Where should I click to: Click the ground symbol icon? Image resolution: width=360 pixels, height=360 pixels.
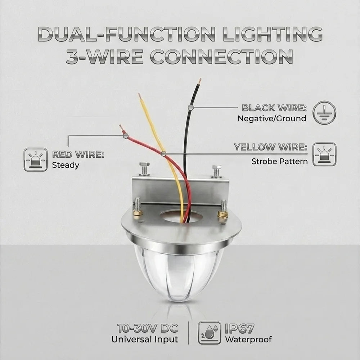point(324,113)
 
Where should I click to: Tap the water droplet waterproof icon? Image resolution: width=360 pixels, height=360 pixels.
point(210,333)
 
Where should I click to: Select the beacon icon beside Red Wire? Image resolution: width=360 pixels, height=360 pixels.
point(36,159)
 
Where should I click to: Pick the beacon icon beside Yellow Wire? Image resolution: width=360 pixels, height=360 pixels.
point(324,154)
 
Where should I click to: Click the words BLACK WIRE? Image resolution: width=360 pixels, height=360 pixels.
point(274,108)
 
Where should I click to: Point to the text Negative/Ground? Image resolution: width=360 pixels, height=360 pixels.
point(272,118)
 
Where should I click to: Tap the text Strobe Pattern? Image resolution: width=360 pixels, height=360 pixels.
point(279,161)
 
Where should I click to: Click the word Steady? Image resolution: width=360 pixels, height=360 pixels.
point(66,165)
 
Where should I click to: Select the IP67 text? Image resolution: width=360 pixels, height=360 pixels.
point(239,329)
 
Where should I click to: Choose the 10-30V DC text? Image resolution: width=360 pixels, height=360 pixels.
point(147,329)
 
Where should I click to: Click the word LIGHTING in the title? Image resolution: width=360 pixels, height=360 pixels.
point(273,34)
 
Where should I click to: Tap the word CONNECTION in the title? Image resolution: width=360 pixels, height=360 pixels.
point(221,57)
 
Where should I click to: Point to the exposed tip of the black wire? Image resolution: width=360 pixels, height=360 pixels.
point(199,81)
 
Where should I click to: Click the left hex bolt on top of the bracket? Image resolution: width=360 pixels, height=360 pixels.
point(144,169)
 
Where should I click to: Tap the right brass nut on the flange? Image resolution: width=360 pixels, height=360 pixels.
point(223,215)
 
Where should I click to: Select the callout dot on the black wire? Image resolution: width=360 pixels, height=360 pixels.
point(190,107)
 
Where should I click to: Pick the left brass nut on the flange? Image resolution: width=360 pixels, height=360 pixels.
point(138,212)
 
